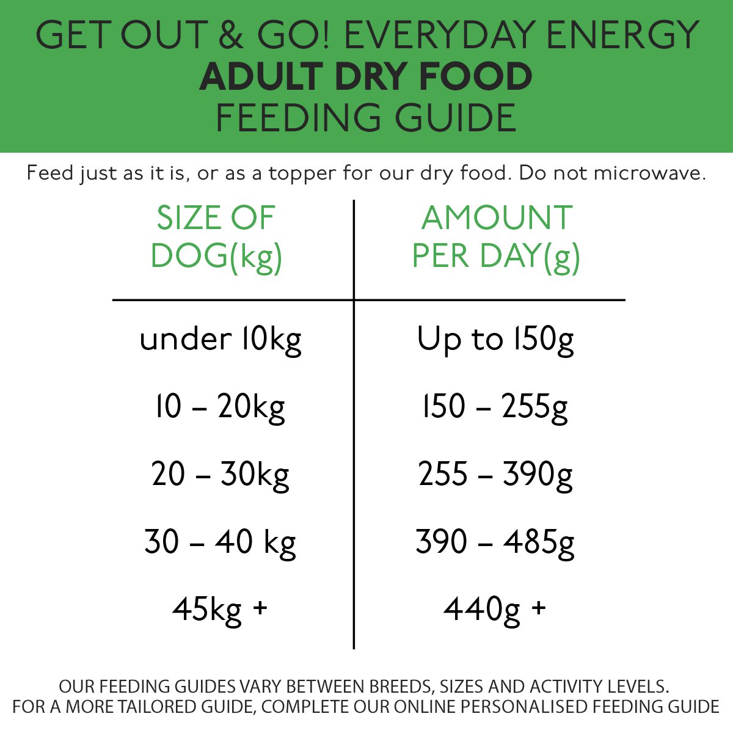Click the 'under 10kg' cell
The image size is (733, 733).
tap(221, 340)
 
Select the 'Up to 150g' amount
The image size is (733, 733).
tap(495, 340)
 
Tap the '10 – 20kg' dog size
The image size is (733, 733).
tap(221, 407)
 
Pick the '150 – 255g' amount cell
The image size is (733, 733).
tap(495, 407)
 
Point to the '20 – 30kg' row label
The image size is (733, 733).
tap(221, 474)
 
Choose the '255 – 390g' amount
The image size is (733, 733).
tap(495, 474)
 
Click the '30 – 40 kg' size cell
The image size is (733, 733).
tap(221, 542)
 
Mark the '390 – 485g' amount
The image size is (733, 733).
tap(495, 542)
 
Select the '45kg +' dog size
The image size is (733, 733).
tap(221, 609)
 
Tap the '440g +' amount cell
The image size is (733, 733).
tap(495, 609)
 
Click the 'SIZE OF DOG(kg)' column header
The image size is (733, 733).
tap(216, 237)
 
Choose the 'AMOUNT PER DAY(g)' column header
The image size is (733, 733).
tap(496, 237)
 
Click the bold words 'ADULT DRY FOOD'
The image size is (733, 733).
tap(366, 76)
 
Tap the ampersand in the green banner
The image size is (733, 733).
tap(231, 35)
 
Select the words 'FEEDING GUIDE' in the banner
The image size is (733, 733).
tap(366, 118)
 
